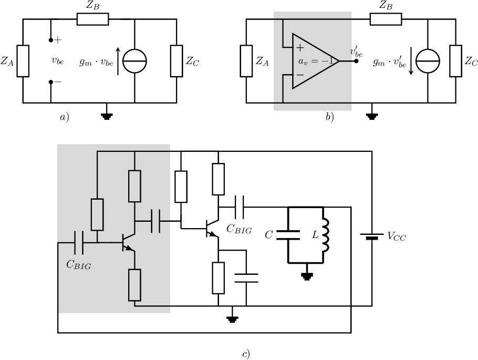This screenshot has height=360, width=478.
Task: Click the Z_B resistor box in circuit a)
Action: (x=92, y=19)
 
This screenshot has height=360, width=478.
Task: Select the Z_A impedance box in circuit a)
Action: (x=23, y=61)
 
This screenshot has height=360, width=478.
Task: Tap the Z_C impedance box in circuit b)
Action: (x=456, y=61)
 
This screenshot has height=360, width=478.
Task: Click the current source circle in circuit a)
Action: (x=135, y=61)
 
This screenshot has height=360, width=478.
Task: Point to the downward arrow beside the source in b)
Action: (x=411, y=61)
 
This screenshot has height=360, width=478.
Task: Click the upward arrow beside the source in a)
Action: (x=118, y=61)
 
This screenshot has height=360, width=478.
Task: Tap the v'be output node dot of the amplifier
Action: (x=356, y=61)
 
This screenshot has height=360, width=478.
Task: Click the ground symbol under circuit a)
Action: (x=107, y=116)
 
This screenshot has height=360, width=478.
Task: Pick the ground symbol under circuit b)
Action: (x=371, y=116)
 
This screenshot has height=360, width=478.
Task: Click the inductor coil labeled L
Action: (x=325, y=235)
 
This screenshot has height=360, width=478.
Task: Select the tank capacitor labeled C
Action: (x=288, y=235)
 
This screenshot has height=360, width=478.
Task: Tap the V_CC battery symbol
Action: (x=372, y=236)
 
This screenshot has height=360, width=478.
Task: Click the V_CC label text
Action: (x=397, y=236)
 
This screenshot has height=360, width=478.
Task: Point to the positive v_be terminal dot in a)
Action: (x=51, y=40)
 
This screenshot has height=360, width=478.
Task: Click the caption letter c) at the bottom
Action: (x=246, y=354)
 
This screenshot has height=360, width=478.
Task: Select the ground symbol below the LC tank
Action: (x=307, y=276)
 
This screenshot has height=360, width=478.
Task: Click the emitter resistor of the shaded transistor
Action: (x=134, y=285)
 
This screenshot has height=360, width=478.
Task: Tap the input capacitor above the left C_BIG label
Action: (x=79, y=243)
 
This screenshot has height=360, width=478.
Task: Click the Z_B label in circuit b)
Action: (x=386, y=5)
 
